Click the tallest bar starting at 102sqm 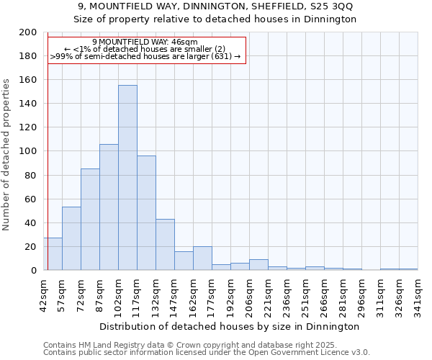127,178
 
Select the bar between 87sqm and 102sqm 109,207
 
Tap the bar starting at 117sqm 146,213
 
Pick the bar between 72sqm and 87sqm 90,220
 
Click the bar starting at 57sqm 71,238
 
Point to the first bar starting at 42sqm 53,254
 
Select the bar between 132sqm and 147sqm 165,245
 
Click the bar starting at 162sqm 202,258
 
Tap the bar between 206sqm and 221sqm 258,265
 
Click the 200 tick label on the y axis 28,32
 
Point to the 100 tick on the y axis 28,151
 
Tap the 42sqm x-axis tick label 43,294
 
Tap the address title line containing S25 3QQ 217,6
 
